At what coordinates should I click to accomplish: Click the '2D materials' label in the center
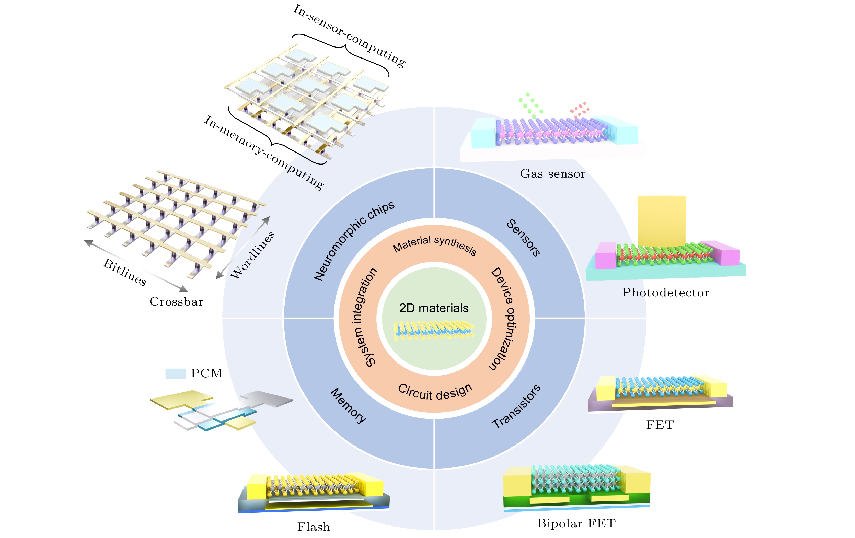[434, 308]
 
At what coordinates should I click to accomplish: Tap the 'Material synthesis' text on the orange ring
[435, 244]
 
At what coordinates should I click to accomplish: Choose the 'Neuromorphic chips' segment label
[354, 241]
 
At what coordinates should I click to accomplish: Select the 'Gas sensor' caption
[552, 174]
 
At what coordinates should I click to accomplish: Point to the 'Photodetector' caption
[665, 293]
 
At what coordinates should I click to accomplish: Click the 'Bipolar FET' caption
[576, 523]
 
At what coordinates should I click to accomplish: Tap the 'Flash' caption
[314, 527]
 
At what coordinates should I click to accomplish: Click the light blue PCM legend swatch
[175, 373]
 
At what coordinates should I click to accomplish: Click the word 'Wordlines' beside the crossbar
[252, 255]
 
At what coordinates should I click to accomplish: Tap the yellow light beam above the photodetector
[662, 220]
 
